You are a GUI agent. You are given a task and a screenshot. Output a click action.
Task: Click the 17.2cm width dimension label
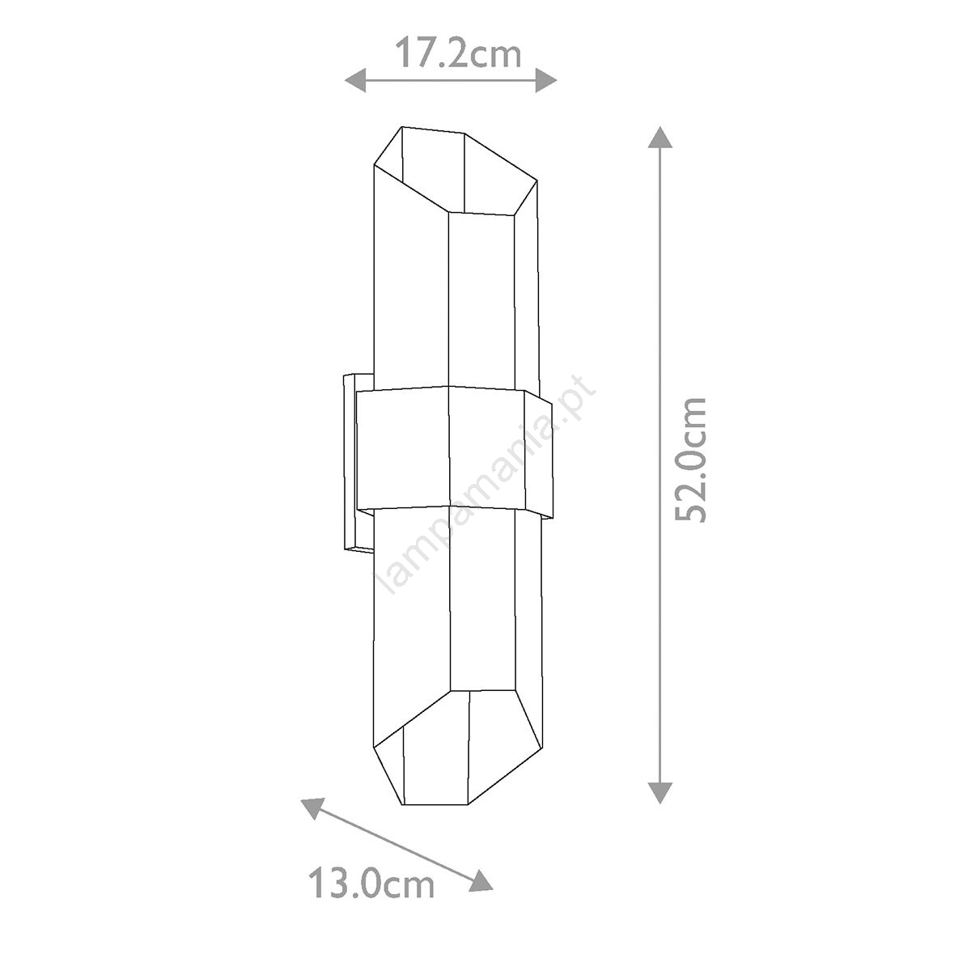pyautogui.click(x=457, y=54)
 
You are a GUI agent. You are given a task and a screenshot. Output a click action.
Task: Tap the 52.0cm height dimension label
pyautogui.click(x=690, y=460)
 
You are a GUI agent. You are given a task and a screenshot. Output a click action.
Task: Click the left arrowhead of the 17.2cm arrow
pyautogui.click(x=355, y=79)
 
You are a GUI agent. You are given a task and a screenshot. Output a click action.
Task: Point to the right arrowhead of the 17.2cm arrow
pyautogui.click(x=545, y=79)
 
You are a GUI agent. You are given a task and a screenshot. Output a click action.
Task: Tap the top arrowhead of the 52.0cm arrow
pyautogui.click(x=660, y=137)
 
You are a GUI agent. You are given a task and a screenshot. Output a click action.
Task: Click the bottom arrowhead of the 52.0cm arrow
pyautogui.click(x=660, y=792)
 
